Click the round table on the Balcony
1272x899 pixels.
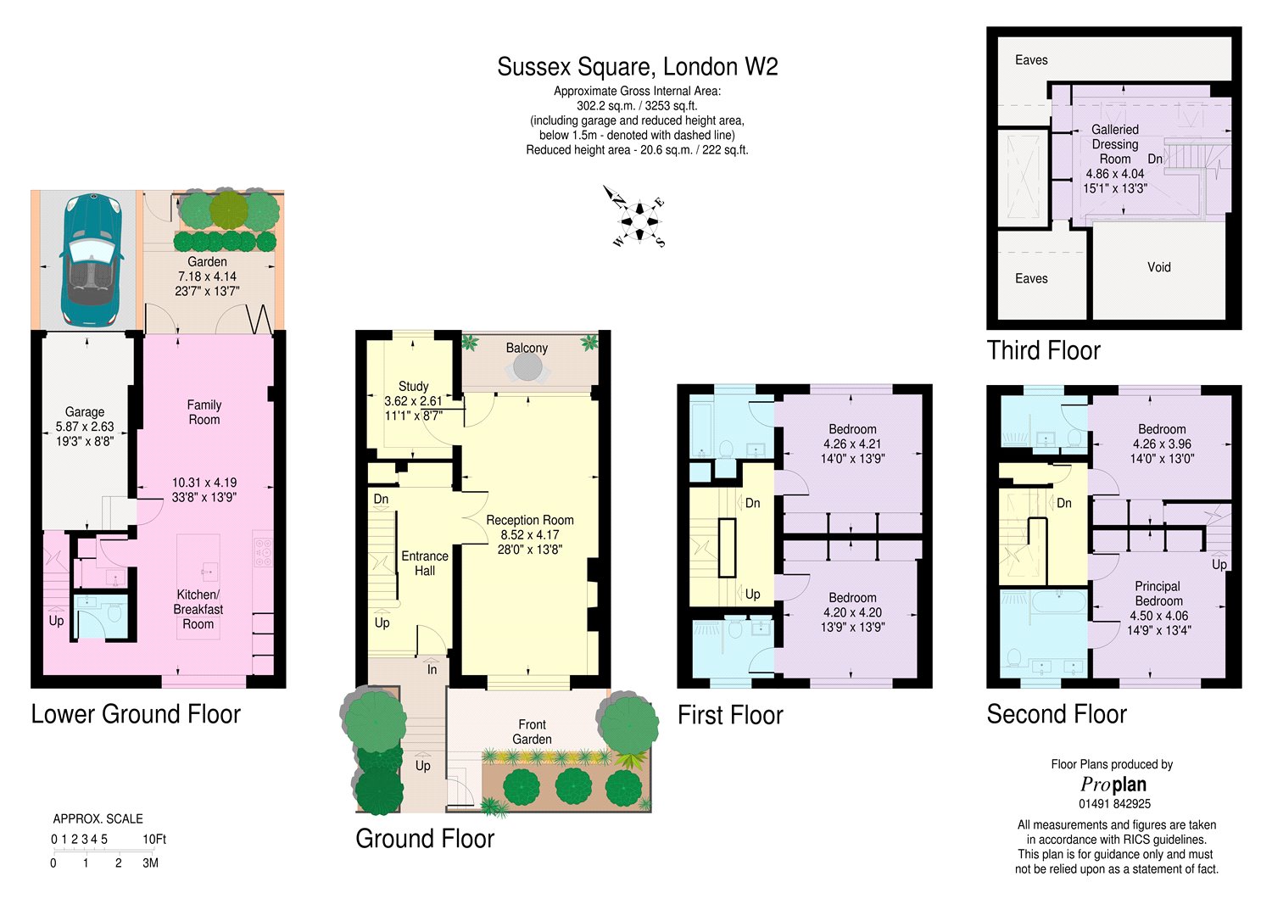point(527,368)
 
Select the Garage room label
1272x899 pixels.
point(85,412)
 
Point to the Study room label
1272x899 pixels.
point(413,387)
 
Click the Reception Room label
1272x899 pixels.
point(529,520)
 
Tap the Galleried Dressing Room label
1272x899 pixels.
point(1114,144)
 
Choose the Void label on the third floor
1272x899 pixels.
point(1158,267)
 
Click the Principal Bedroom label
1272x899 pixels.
point(1158,594)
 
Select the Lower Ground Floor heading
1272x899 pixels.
point(136,714)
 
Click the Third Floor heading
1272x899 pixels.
point(1043,350)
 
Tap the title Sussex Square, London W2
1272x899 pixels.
point(637,67)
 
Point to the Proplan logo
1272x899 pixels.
point(1113,785)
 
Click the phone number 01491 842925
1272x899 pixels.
point(1114,804)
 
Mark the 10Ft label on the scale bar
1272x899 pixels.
point(154,839)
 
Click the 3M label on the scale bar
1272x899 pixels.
point(150,863)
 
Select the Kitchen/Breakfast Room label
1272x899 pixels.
point(198,609)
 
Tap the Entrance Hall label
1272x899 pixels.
point(424,563)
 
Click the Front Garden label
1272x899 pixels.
point(532,732)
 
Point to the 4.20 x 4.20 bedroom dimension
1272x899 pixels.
point(852,612)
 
